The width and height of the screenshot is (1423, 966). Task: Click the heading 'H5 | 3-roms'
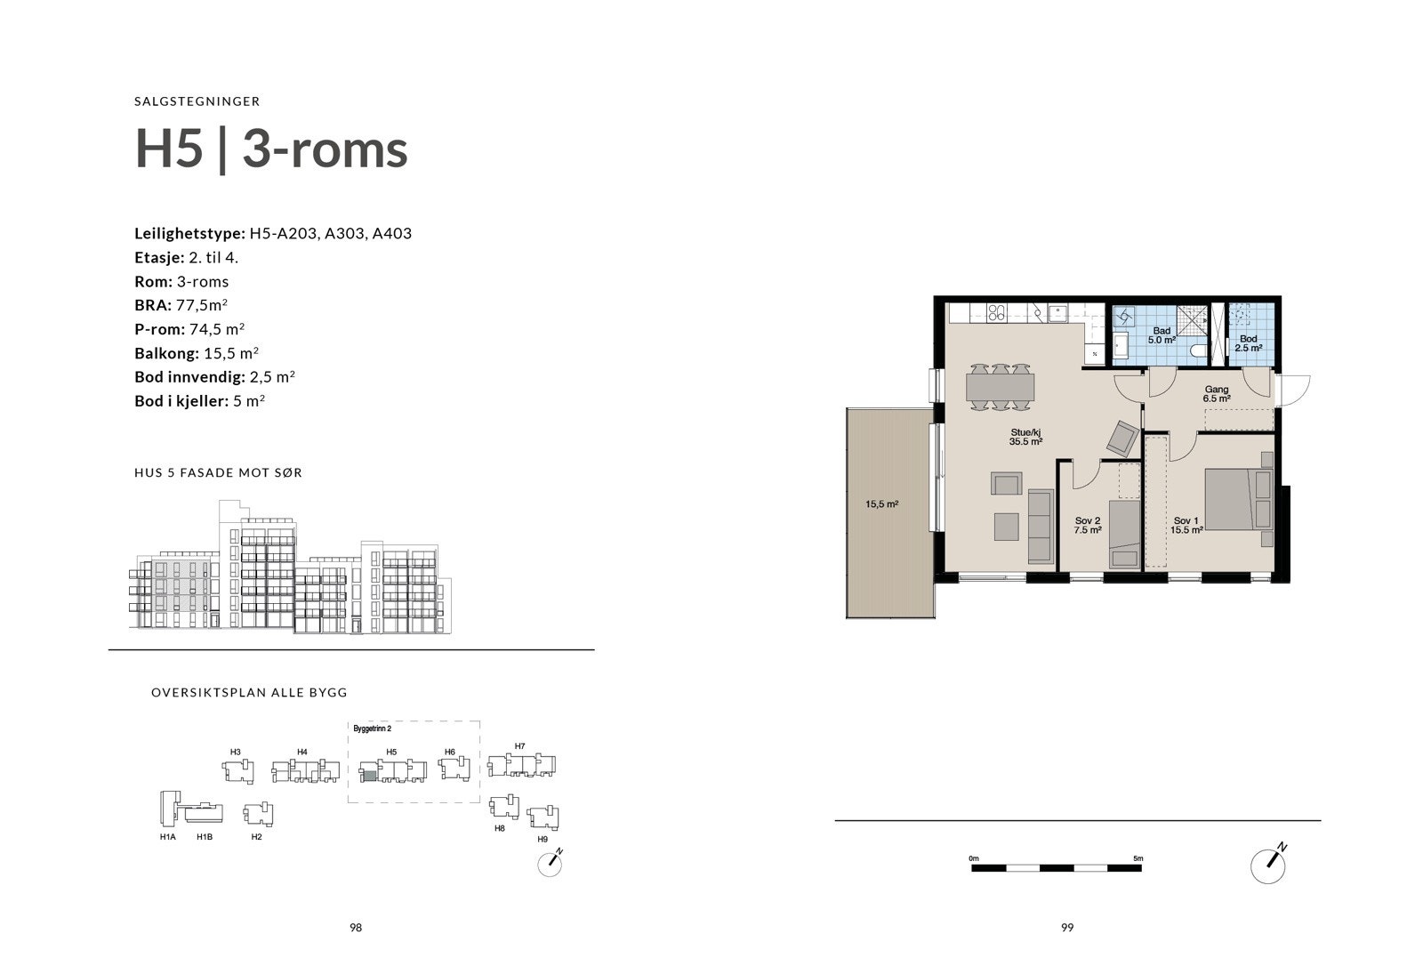point(271,149)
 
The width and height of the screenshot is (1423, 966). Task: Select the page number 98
point(356,927)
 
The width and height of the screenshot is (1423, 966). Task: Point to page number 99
point(1067,927)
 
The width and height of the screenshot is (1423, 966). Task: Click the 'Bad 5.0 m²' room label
point(1162,335)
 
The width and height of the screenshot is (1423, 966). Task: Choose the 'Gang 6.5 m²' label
point(1217,394)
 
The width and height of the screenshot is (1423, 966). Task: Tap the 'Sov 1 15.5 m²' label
point(1186,525)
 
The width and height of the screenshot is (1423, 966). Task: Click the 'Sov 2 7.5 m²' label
point(1088,525)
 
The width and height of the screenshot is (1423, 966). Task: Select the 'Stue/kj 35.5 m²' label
point(1025,436)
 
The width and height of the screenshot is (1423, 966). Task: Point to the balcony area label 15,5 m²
point(882,504)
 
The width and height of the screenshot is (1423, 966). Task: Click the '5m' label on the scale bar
point(1138,858)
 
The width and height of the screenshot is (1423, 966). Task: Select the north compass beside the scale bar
point(1268,864)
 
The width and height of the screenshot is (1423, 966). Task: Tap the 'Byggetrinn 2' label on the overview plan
point(373,729)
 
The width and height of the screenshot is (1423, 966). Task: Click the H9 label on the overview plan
point(543,839)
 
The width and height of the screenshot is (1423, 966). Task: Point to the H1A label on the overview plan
point(167,837)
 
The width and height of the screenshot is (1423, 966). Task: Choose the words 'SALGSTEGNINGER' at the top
point(197,101)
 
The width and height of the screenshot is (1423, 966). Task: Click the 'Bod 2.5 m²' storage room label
point(1248,343)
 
